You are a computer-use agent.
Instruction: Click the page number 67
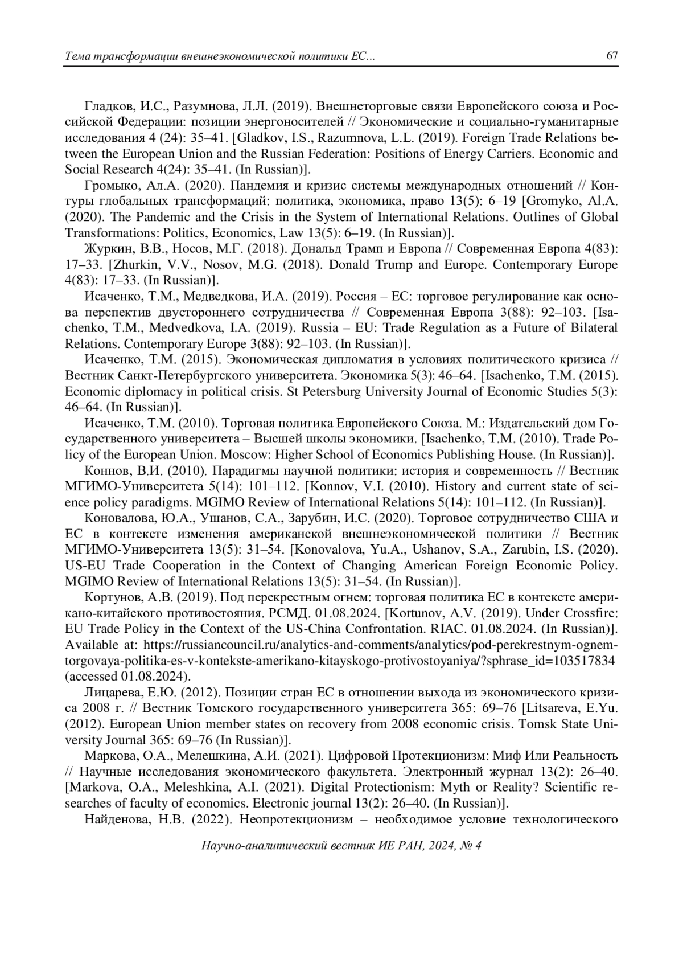[x=612, y=56]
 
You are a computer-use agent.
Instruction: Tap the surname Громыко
[x=108, y=186]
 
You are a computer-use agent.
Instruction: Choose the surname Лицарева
[x=110, y=693]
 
